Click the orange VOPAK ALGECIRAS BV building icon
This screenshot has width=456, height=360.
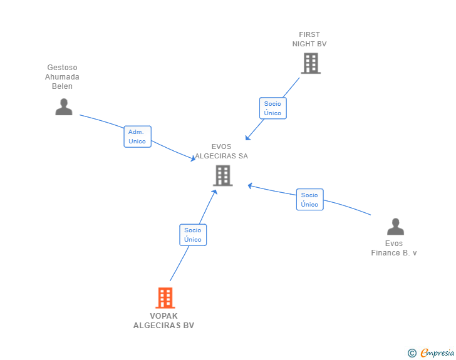[x=165, y=298]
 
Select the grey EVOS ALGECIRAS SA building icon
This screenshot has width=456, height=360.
[x=222, y=175]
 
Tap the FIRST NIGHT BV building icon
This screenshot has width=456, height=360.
[x=310, y=63]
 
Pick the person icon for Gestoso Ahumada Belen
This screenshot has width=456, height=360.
[x=63, y=107]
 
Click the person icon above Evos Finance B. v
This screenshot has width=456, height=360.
[x=395, y=227]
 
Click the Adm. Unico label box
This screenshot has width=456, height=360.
[x=137, y=136]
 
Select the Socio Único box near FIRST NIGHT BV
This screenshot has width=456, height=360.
[x=272, y=108]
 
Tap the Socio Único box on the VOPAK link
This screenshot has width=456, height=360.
[x=193, y=235]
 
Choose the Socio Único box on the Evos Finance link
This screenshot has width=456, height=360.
[x=309, y=200]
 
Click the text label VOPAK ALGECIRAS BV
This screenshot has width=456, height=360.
[x=163, y=321]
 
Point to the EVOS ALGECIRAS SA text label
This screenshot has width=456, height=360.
[x=221, y=152]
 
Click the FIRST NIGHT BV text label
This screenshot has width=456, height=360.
[x=309, y=39]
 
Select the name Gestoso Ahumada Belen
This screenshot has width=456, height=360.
[x=62, y=77]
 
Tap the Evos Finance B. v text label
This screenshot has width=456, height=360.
[x=394, y=248]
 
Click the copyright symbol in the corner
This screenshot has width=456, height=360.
[x=412, y=353]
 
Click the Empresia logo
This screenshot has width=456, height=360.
[x=437, y=352]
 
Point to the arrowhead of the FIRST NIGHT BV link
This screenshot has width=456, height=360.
[x=247, y=138]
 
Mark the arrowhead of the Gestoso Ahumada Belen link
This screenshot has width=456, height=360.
[x=193, y=160]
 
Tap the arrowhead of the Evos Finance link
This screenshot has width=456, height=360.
[x=250, y=185]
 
